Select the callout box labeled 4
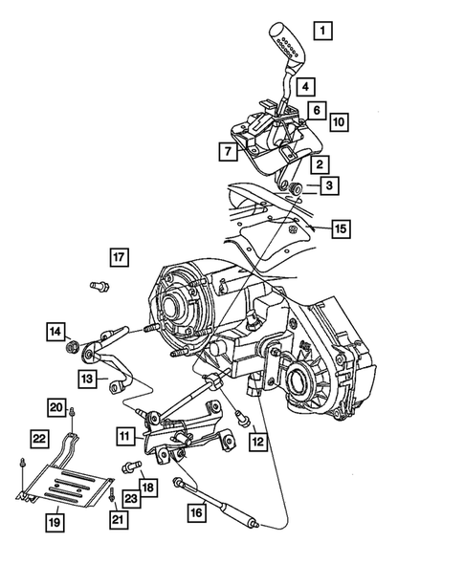tap(304, 86)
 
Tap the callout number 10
tap(338, 122)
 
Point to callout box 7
tap(228, 151)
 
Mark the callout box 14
tap(55, 332)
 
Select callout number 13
tap(87, 380)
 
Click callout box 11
tap(126, 435)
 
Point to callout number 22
tap(38, 438)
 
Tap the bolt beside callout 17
tap(97, 284)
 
